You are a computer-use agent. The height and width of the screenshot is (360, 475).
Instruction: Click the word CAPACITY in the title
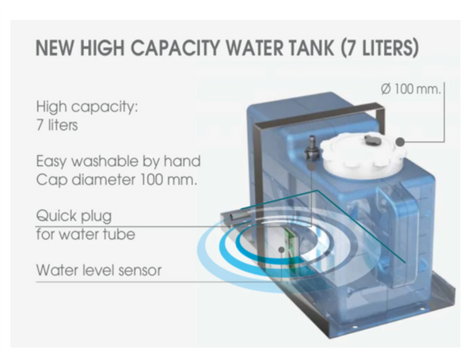tap(175, 47)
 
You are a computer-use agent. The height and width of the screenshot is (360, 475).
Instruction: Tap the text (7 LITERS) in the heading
tap(379, 47)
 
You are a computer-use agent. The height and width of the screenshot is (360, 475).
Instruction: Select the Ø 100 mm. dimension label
tap(410, 89)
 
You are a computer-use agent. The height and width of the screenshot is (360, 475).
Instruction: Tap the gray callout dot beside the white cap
tap(401, 142)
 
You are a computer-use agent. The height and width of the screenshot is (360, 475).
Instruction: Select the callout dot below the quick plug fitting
tap(311, 165)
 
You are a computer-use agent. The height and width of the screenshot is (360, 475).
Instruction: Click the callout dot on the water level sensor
tap(281, 249)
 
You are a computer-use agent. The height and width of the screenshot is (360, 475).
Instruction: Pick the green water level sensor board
tap(291, 246)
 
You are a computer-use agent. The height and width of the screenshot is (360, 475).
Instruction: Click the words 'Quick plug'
tap(74, 217)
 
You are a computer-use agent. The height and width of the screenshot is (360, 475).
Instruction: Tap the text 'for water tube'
tap(85, 234)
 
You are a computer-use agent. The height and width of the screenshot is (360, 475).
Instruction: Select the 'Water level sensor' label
tap(99, 270)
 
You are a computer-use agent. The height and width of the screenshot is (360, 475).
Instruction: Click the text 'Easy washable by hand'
tap(119, 161)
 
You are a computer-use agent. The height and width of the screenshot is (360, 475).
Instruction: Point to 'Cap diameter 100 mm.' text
tap(116, 180)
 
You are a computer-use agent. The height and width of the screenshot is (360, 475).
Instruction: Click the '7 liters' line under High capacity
tap(57, 125)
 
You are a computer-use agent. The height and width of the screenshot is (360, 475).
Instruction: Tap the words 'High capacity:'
tap(87, 107)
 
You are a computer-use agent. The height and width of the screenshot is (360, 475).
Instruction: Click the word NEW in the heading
tap(55, 47)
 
